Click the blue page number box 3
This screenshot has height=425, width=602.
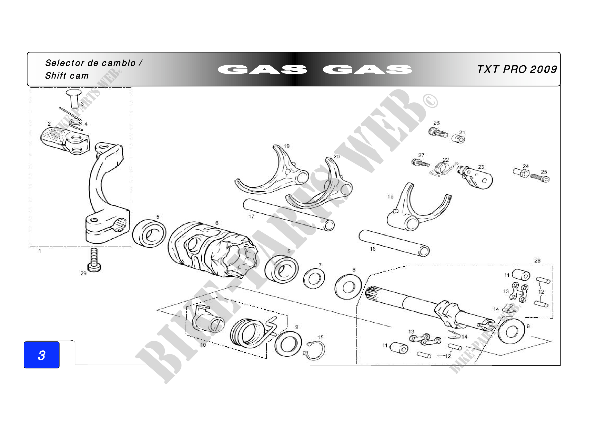pos(41,355)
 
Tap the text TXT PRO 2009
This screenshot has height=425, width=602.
pos(517,69)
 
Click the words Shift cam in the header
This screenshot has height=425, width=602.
pos(67,76)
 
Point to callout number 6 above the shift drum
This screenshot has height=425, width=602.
pos(217,223)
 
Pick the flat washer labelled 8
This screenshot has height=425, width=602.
pos(348,287)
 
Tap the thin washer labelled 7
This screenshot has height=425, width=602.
pos(313,279)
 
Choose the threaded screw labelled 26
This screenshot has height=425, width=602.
pos(438,132)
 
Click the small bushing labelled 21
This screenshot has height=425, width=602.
pos(458,139)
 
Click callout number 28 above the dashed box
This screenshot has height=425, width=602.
pos(537,260)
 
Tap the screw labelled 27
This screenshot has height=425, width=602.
pos(420,163)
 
